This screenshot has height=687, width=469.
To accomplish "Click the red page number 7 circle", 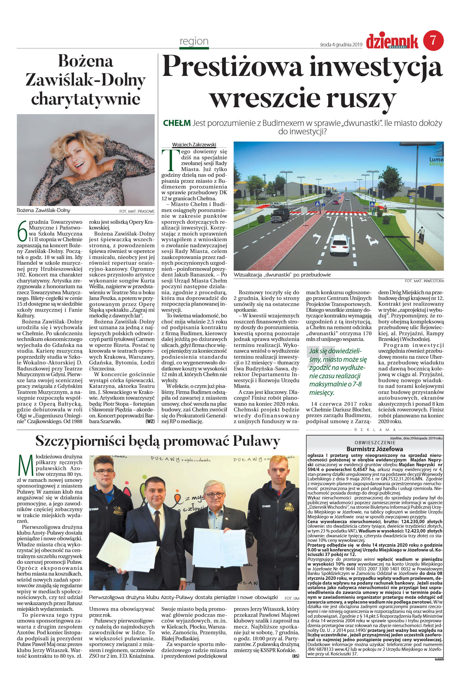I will click(433, 40).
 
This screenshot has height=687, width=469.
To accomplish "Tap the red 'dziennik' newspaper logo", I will click(392, 41).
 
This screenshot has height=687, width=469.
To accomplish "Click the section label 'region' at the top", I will click(194, 41).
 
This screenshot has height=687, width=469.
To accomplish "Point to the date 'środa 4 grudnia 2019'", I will click(341, 45).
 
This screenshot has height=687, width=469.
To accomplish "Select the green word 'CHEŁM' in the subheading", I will click(177, 123).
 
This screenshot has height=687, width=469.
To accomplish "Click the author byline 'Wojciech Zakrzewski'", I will click(194, 145).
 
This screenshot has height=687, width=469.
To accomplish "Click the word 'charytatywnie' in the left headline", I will click(86, 99).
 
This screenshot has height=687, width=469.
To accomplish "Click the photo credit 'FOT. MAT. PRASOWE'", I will click(137, 211).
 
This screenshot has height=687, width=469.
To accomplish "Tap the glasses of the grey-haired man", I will click(214, 495).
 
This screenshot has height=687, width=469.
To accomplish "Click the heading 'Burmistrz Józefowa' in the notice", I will click(374, 449).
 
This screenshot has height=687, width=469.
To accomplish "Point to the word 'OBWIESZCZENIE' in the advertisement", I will click(375, 442).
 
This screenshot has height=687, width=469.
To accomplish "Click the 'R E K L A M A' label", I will click(375, 430).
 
